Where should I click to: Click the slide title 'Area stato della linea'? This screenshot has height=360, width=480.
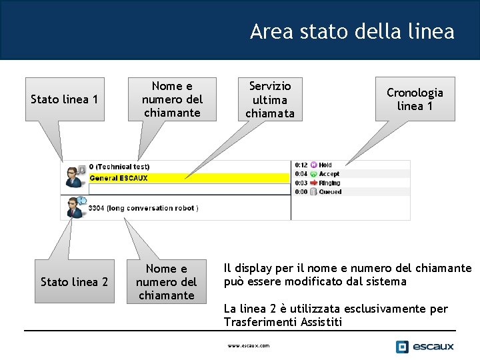click(352, 31)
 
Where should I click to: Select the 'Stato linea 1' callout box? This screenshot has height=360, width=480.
click(65, 99)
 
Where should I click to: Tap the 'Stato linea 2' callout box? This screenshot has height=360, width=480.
click(74, 282)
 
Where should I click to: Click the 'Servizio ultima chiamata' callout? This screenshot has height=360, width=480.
click(270, 99)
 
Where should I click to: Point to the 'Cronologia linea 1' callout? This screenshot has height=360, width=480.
click(415, 99)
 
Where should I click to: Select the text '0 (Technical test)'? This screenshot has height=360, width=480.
click(119, 167)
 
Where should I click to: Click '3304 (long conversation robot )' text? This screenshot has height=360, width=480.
click(143, 208)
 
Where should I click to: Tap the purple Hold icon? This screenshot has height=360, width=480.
click(314, 165)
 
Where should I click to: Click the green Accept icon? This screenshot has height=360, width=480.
click(314, 174)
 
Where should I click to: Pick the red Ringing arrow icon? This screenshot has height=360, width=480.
click(314, 183)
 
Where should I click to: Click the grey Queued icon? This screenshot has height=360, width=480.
click(314, 192)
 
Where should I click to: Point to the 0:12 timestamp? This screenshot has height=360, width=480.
click(301, 165)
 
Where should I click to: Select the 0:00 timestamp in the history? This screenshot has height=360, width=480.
click(301, 192)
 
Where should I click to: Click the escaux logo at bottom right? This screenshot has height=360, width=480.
click(425, 346)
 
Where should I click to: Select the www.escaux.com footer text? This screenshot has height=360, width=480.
click(249, 346)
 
